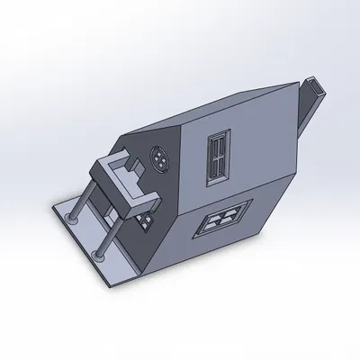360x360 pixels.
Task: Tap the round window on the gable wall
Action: point(160,161)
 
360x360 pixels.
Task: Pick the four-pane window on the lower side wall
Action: point(220,220)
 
